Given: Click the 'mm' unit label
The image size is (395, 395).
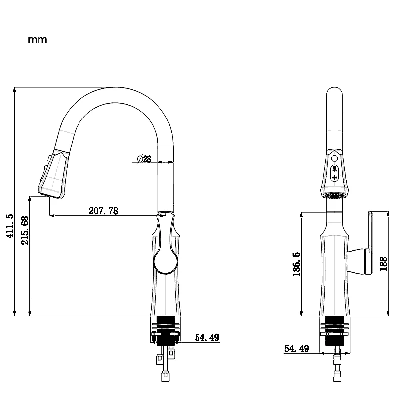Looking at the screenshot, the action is click(38, 40).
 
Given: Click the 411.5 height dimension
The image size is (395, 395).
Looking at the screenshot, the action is click(10, 226).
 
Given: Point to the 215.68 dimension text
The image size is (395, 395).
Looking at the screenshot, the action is click(25, 231).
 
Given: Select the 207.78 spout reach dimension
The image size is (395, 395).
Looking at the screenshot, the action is click(103, 211).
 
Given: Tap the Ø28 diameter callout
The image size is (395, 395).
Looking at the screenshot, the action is click(144, 159).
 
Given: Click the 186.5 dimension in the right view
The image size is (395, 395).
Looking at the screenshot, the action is click(297, 264).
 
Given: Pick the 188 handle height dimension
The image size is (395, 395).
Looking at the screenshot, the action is click(383, 264).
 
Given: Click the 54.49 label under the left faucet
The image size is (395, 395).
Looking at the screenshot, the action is click(207, 337).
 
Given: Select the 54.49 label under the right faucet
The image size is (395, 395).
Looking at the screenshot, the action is click(297, 349).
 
